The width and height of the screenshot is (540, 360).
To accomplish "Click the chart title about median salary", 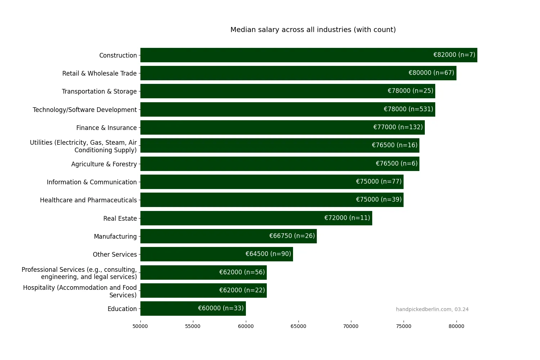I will pyautogui.click(x=313, y=30).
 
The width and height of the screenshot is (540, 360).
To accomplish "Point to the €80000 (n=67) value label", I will pyautogui.click(x=431, y=73).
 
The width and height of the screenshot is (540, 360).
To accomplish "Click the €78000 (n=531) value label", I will pyautogui.click(x=408, y=109).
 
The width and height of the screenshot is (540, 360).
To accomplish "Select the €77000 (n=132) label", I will pyautogui.click(x=398, y=127).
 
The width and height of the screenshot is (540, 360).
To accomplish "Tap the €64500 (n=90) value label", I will pyautogui.click(x=268, y=254).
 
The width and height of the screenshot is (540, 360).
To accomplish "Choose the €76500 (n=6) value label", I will pyautogui.click(x=396, y=163).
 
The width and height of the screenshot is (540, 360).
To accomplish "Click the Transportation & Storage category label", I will pyautogui.click(x=99, y=91).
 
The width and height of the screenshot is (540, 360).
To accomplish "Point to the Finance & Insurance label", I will pyautogui.click(x=107, y=128).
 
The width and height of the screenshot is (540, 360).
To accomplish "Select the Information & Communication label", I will pyautogui.click(x=92, y=182).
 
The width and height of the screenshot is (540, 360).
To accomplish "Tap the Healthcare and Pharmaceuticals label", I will pyautogui.click(x=89, y=200).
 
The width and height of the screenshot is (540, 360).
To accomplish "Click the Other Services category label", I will pyautogui.click(x=115, y=255).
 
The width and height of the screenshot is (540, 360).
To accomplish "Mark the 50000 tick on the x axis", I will pyautogui.click(x=140, y=326).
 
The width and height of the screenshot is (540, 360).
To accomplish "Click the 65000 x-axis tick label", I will pyautogui.click(x=298, y=326).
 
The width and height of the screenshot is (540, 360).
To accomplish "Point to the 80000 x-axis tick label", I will pyautogui.click(x=456, y=326).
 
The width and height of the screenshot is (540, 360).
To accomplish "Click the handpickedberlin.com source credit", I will pyautogui.click(x=432, y=309).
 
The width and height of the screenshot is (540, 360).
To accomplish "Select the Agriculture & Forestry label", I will pyautogui.click(x=104, y=164).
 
